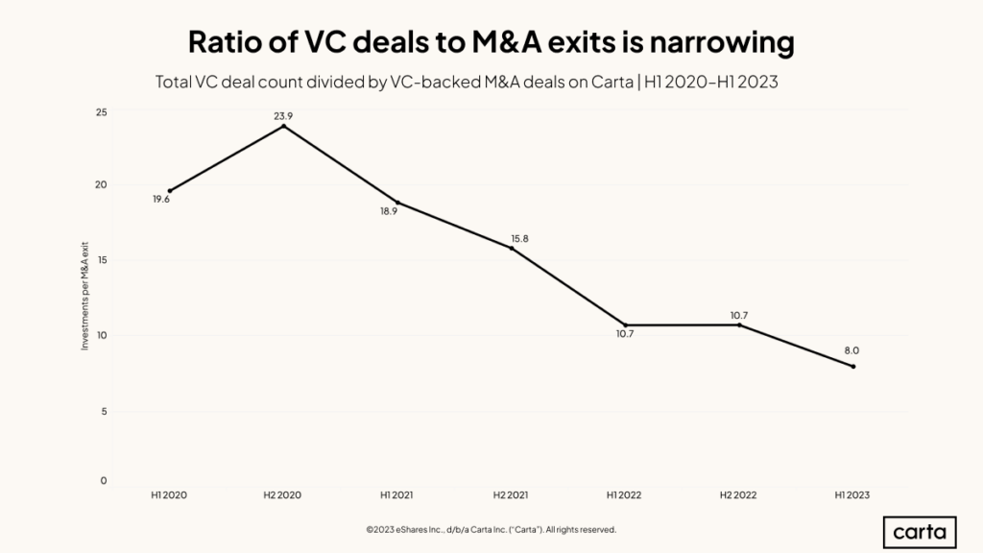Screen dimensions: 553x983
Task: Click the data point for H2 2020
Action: tap(283, 126)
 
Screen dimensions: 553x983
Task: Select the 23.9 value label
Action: tap(283, 115)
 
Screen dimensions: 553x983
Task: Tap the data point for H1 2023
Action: tap(852, 366)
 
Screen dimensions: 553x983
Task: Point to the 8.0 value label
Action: tap(852, 351)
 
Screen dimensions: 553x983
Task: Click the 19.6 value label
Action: tap(161, 199)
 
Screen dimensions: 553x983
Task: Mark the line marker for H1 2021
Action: tap(397, 202)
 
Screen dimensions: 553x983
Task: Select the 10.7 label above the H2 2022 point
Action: tap(739, 314)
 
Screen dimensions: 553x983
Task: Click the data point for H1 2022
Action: tap(626, 325)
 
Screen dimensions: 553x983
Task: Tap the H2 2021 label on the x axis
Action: tap(511, 494)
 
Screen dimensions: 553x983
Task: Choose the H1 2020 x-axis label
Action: tap(169, 494)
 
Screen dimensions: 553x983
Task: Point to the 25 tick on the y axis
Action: tap(101, 112)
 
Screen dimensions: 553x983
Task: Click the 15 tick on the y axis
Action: tap(101, 260)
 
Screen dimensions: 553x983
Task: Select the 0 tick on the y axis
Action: tap(104, 481)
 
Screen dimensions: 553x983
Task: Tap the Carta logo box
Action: tap(919, 531)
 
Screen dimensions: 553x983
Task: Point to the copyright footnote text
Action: tap(491, 529)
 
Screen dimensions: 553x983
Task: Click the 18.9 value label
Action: tap(389, 211)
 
